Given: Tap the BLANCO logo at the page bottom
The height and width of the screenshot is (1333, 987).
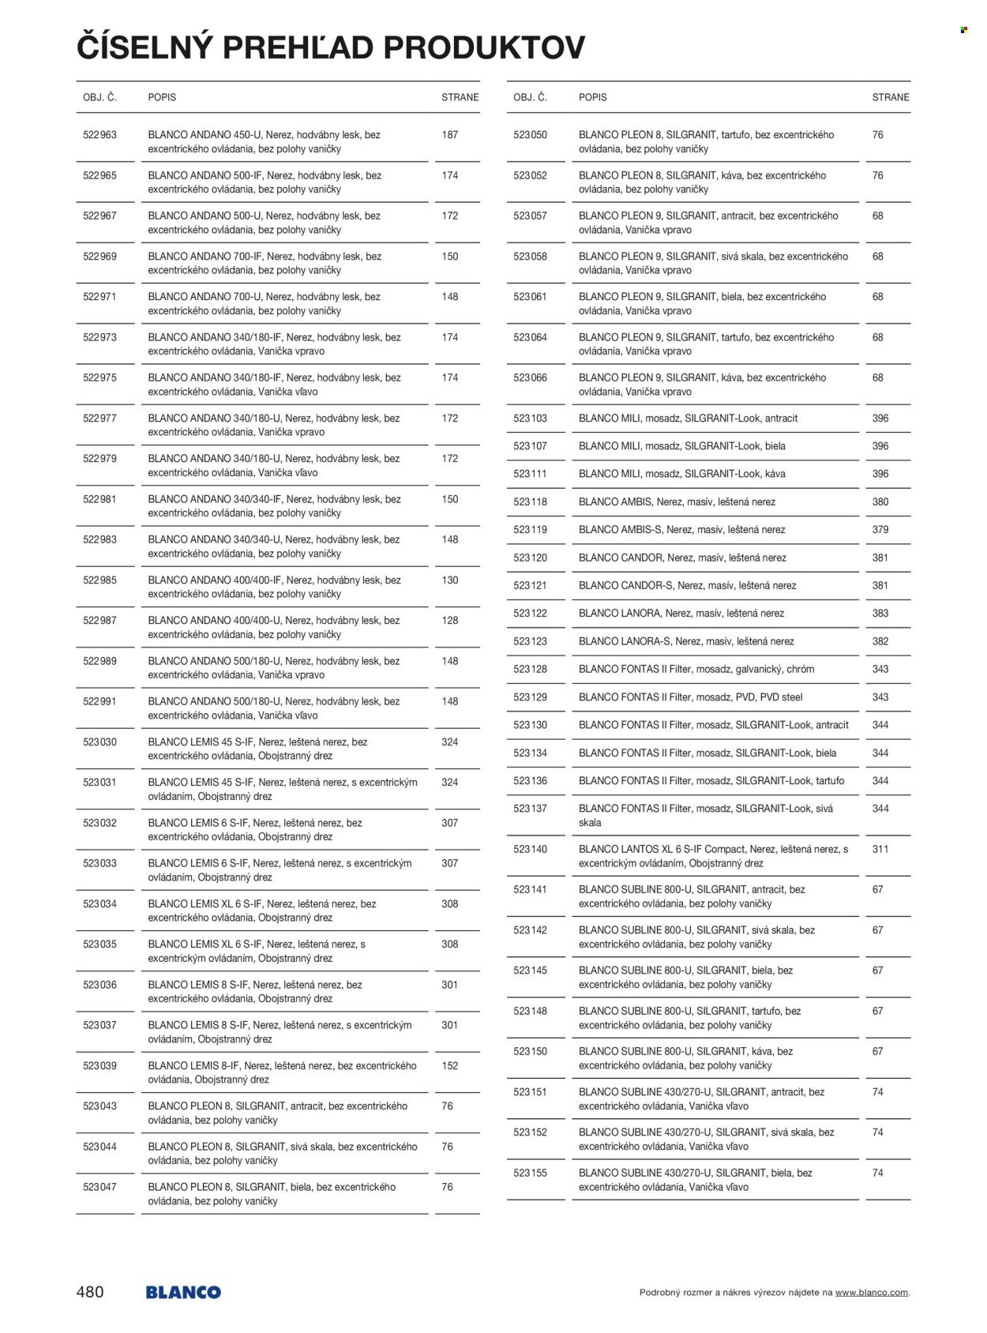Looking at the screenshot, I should [x=183, y=1292].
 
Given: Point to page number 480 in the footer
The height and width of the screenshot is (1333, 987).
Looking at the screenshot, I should [x=90, y=1292].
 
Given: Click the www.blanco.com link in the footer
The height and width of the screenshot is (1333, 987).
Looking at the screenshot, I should [x=872, y=1293].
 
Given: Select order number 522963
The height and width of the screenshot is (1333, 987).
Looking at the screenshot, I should [x=99, y=135].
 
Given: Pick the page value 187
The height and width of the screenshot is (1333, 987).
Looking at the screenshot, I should [x=450, y=135].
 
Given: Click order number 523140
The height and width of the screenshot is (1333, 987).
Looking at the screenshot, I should [x=530, y=849].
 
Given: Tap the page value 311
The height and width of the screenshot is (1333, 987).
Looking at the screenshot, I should [x=880, y=849].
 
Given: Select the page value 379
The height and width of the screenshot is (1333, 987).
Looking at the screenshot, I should [x=880, y=530].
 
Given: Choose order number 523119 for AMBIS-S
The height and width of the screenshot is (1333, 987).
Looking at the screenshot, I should [x=530, y=530].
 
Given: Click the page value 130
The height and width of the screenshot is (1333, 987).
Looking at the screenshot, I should [x=450, y=580].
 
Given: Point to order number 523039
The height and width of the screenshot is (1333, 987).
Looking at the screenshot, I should [x=99, y=1065].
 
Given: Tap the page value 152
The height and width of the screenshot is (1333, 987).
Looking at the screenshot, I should [x=450, y=1065].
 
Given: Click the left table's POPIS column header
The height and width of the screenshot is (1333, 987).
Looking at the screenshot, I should [x=162, y=97].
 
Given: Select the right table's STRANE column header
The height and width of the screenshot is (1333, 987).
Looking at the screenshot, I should [x=891, y=97].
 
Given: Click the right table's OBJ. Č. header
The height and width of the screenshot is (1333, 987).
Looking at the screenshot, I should [x=530, y=97].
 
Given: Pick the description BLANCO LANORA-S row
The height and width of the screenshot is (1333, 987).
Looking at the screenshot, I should [x=686, y=641].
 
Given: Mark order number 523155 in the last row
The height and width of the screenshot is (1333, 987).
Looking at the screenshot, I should [x=530, y=1173].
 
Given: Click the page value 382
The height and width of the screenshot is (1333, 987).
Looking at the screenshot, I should [x=880, y=641].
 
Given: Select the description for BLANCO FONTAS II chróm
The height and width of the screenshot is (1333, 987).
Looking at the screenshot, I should [x=696, y=669].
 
